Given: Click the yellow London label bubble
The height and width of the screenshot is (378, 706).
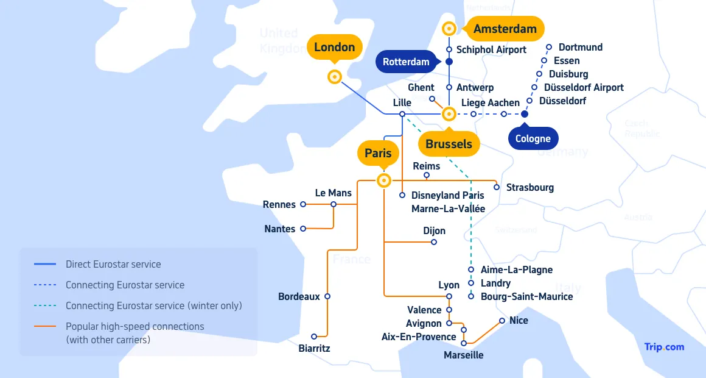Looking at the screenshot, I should pyautogui.click(x=334, y=48).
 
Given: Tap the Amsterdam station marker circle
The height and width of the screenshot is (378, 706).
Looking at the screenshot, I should pyautogui.click(x=449, y=29).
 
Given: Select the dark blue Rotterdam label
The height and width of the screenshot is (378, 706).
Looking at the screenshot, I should pyautogui.click(x=406, y=62).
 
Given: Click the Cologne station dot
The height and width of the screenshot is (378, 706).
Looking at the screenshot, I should pyautogui.click(x=525, y=114).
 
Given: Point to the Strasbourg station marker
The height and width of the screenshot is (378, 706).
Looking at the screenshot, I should pyautogui.click(x=497, y=187).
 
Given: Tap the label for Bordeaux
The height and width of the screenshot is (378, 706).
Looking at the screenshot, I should pyautogui.click(x=299, y=297).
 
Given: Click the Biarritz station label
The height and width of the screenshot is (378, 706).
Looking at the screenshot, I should pyautogui.click(x=314, y=348).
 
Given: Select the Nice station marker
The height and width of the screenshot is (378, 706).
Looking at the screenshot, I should pyautogui.click(x=502, y=321).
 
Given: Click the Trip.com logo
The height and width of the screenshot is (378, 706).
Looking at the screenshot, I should pyautogui.click(x=664, y=347).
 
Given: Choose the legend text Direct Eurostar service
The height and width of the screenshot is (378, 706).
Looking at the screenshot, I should pyautogui.click(x=113, y=265).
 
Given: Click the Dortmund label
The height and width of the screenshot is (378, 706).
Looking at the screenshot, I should pyautogui.click(x=580, y=47).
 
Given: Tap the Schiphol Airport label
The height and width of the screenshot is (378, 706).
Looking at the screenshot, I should pyautogui.click(x=491, y=49).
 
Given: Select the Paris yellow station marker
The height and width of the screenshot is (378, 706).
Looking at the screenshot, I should pyautogui.click(x=384, y=180).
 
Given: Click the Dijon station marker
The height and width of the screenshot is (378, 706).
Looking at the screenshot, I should pyautogui.click(x=434, y=242).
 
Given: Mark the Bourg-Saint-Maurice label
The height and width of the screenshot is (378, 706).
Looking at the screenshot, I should pyautogui.click(x=526, y=296).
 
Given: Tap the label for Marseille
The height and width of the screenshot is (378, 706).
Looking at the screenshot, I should pyautogui.click(x=463, y=355).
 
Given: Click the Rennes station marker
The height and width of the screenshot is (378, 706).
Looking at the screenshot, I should pyautogui.click(x=302, y=205).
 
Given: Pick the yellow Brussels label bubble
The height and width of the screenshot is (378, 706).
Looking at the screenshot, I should pyautogui.click(x=449, y=144).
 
